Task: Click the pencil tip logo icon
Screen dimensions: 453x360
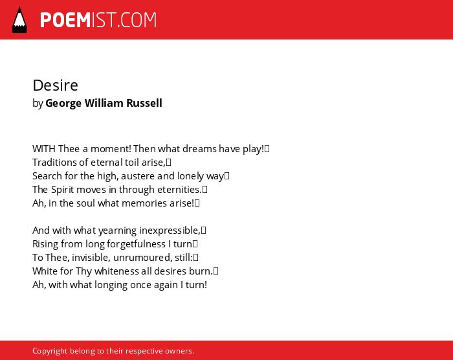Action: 19,20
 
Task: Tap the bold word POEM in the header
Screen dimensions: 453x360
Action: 65,20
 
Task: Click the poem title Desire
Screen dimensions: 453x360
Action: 55,85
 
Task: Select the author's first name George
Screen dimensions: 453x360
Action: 63,104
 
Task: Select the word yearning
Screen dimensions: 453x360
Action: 118,231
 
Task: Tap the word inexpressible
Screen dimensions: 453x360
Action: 170,231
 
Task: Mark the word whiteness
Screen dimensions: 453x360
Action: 116,271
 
